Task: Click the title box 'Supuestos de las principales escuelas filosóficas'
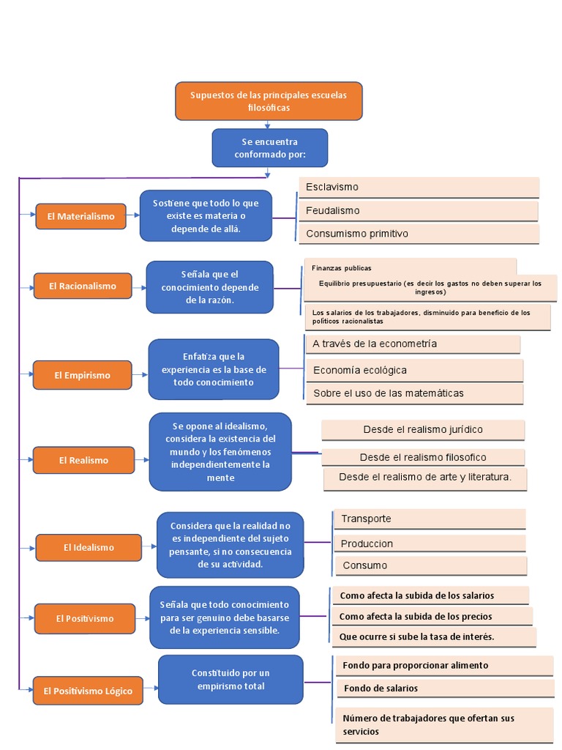269,101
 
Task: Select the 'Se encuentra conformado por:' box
269,147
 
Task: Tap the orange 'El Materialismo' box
81,217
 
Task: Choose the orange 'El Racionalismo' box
83,286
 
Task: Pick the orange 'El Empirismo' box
82,375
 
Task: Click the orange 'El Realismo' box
83,460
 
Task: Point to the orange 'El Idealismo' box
89,547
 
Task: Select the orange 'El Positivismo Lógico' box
87,691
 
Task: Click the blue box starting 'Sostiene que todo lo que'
206,215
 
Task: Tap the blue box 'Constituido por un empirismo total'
231,679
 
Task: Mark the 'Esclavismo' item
419,187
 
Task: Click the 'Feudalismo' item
418,211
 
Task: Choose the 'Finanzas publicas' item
410,268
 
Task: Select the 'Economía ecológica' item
413,370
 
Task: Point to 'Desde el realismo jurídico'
423,430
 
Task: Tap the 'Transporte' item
429,519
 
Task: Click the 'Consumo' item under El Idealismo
431,565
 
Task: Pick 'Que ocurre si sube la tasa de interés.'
433,636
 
